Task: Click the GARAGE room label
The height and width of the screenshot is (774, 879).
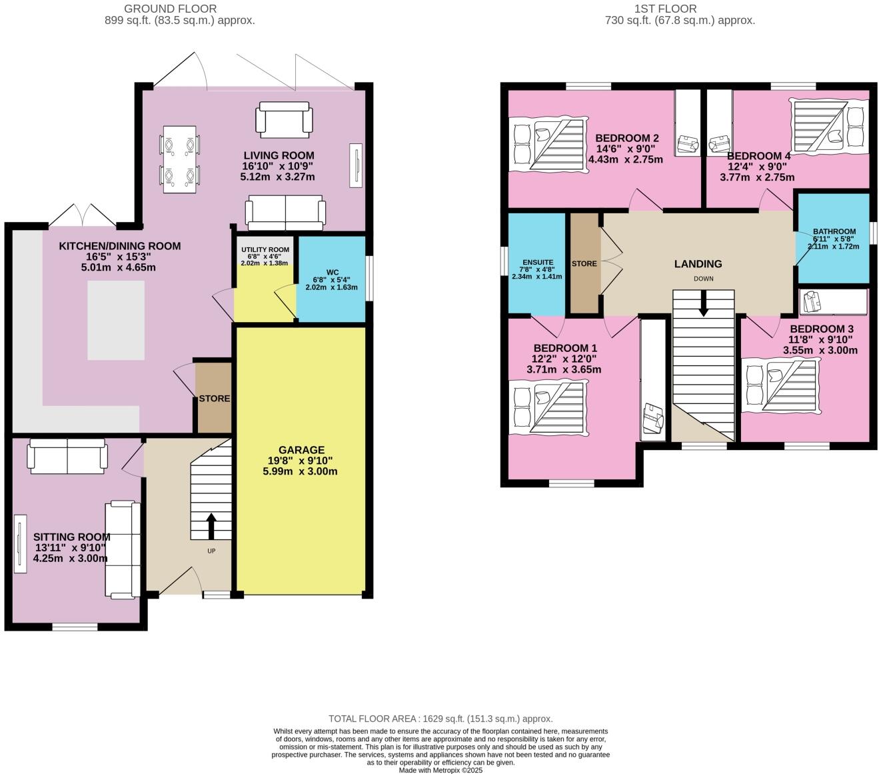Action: [x=301, y=450]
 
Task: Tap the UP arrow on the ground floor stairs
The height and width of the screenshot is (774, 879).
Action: [x=211, y=526]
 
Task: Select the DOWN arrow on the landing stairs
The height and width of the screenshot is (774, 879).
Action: [x=702, y=304]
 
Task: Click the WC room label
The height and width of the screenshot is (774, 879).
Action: [x=332, y=272]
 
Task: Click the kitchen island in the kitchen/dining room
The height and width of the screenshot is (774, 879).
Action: [x=116, y=320]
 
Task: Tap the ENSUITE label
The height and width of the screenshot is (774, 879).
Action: [x=536, y=262]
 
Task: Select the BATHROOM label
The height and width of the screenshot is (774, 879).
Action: [x=834, y=231]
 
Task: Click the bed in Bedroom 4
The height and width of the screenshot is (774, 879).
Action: [x=830, y=125]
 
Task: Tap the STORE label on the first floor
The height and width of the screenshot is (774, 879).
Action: [x=584, y=263]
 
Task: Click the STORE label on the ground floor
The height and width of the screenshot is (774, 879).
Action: [x=214, y=399]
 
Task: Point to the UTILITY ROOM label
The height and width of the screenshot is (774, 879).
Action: [x=265, y=249]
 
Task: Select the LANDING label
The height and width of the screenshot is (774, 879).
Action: [x=698, y=264]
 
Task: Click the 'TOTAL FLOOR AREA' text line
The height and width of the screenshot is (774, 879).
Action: [x=440, y=719]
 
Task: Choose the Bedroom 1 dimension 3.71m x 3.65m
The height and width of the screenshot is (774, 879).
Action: [x=564, y=369]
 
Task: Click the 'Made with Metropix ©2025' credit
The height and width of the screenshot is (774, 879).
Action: [x=440, y=770]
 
